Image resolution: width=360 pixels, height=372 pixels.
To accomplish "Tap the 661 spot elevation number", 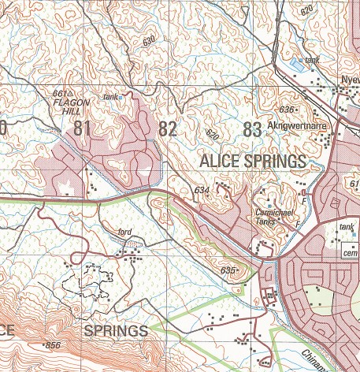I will tap(58, 94).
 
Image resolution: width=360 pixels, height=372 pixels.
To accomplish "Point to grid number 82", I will tap(167, 128).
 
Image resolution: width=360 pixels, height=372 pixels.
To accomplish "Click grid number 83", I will tap(252, 130).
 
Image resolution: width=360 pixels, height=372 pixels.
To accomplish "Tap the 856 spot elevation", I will tap(53, 346).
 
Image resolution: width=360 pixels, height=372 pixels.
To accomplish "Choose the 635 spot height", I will tap(228, 270).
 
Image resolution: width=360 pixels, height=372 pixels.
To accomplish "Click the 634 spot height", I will tap(201, 190).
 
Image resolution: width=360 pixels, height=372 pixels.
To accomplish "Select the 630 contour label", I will tap(150, 43).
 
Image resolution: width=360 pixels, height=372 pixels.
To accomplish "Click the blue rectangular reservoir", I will tap(296, 62).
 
